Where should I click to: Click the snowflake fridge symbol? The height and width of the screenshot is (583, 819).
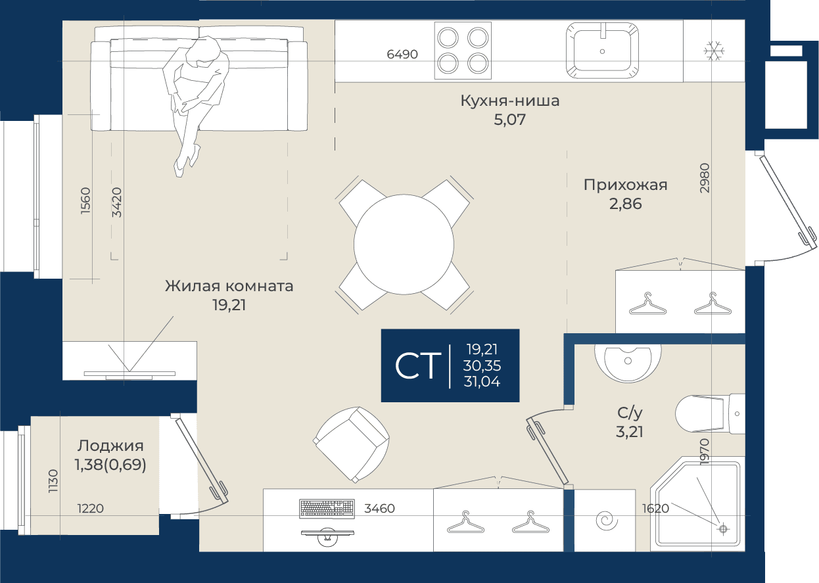click(714, 51)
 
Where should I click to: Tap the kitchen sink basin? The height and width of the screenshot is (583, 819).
click(602, 51)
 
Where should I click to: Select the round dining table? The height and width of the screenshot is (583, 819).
click(404, 244)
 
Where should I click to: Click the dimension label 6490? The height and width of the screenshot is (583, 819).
click(402, 54)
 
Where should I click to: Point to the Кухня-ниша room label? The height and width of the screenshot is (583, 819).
click(509, 101)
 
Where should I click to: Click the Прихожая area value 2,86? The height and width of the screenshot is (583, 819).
click(625, 204)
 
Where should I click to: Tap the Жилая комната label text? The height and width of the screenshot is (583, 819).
click(229, 286)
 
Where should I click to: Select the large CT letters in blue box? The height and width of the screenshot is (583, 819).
click(418, 365)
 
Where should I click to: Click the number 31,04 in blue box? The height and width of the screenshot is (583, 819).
click(482, 382)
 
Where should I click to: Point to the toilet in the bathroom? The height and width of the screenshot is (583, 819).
click(710, 414)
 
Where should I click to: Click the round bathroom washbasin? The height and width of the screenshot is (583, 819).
click(628, 363)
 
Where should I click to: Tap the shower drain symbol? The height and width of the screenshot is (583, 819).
click(723, 529)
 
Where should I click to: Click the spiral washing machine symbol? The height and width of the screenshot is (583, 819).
click(606, 521)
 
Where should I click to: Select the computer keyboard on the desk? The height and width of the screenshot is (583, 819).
click(327, 509)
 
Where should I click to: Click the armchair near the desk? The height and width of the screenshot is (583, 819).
click(351, 445)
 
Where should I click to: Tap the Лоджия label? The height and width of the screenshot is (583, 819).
click(110, 446)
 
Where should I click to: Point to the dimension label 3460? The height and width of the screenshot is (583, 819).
click(379, 509)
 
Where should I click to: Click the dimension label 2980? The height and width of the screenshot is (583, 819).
click(704, 178)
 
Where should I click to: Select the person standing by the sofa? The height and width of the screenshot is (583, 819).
click(197, 106)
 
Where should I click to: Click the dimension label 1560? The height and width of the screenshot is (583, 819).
click(85, 200)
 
